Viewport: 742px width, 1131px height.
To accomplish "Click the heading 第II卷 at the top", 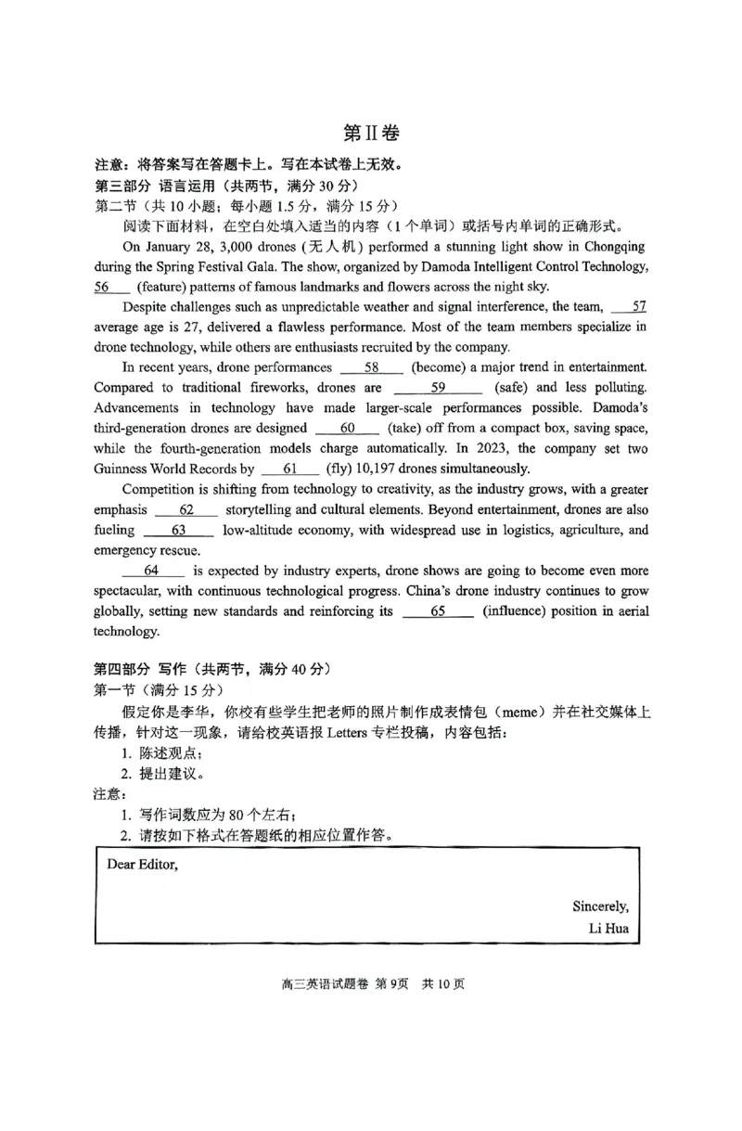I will tap(371, 134).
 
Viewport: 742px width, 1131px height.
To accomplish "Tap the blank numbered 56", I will tap(109, 287).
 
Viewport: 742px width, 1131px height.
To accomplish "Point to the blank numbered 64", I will tap(153, 571).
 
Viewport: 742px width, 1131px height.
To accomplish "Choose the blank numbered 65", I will tap(439, 611).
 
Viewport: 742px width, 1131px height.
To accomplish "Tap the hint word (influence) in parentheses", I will tap(520, 611).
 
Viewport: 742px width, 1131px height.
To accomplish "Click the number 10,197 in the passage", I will tap(372, 469).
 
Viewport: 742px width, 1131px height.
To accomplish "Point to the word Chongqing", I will tap(611, 246).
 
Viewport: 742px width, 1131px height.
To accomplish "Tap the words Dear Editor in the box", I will tap(142, 865).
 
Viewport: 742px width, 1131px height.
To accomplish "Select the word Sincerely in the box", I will tap(600, 906).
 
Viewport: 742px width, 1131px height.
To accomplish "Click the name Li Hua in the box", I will tap(608, 927).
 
